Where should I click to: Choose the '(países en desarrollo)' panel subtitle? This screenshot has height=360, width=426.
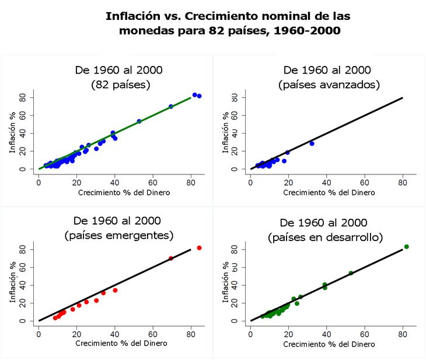pyautogui.click(x=326, y=237)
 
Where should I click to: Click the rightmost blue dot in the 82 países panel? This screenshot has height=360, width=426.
pyautogui.click(x=199, y=96)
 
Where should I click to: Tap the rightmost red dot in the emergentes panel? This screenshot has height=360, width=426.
pyautogui.click(x=199, y=248)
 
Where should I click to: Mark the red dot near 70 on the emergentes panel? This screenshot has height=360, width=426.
pyautogui.click(x=171, y=258)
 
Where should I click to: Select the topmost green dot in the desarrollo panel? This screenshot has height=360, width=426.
pyautogui.click(x=406, y=247)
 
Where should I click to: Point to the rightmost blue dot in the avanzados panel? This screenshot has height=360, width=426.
pyautogui.click(x=312, y=144)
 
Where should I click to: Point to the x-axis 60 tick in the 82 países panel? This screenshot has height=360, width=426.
pyautogui.click(x=153, y=181)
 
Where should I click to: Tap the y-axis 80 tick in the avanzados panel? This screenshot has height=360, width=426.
pyautogui.click(x=235, y=97)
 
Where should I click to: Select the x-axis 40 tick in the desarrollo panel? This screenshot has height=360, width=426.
pyautogui.click(x=326, y=333)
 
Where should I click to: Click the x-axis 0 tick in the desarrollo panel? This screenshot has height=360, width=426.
pyautogui.click(x=250, y=333)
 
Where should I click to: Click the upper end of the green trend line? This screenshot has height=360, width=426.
pyautogui.click(x=190, y=97)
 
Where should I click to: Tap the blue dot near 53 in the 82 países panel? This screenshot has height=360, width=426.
pyautogui.click(x=139, y=121)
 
